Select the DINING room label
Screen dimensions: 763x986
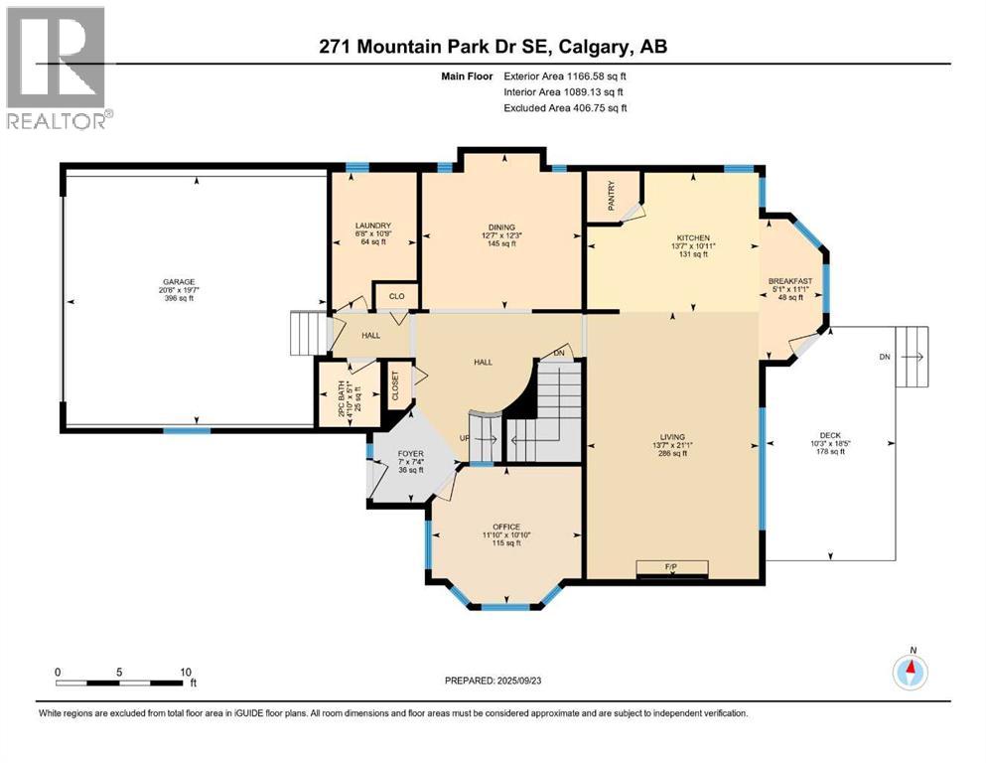pyautogui.click(x=500, y=226)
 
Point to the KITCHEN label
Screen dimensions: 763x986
pyautogui.click(x=693, y=237)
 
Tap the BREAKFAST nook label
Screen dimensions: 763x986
pyautogui.click(x=790, y=281)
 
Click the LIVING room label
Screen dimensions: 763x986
pyautogui.click(x=672, y=433)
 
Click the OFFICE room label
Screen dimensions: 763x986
pyautogui.click(x=506, y=527)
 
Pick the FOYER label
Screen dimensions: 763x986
pyautogui.click(x=410, y=453)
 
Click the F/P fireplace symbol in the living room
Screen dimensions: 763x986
pyautogui.click(x=672, y=567)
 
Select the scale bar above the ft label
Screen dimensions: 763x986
pyautogui.click(x=120, y=683)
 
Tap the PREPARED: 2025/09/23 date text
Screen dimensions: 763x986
pyautogui.click(x=493, y=681)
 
